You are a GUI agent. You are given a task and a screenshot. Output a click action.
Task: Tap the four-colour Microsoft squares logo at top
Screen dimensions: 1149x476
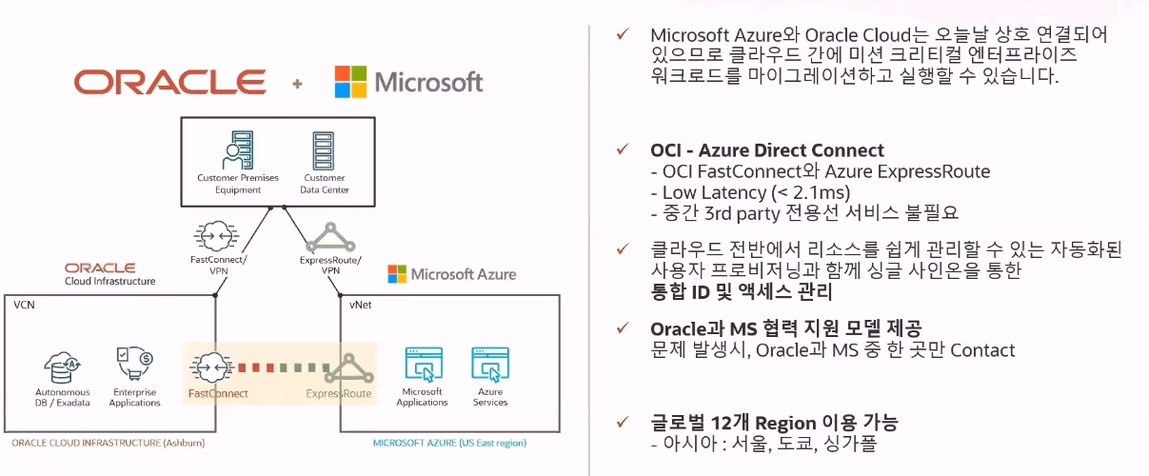350,82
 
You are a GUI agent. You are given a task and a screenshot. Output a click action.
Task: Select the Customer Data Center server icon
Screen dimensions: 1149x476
324,149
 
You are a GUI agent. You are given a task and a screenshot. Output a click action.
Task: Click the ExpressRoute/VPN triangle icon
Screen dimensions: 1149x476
331,234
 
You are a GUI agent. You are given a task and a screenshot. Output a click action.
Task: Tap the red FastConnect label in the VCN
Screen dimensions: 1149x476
218,393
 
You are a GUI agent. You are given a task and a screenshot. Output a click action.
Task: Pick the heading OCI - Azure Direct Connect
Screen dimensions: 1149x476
767,150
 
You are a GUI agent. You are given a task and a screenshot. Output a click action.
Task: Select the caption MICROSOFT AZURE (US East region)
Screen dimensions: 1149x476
449,444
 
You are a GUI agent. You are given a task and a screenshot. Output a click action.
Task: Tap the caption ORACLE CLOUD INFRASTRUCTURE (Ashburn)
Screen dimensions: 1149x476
109,444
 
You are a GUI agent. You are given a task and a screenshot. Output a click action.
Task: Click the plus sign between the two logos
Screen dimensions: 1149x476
297,84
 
